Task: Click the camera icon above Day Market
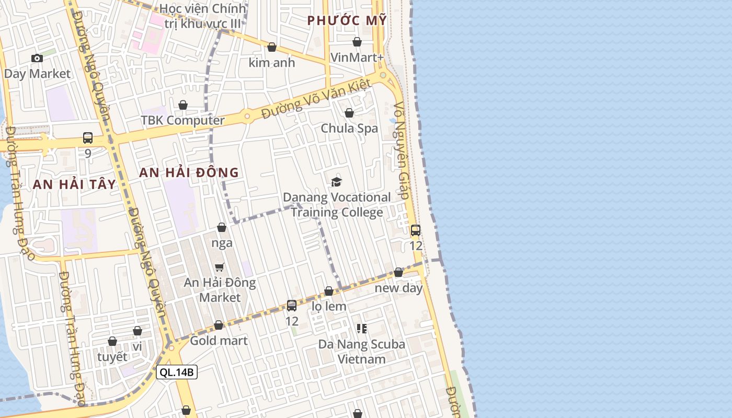(37, 58)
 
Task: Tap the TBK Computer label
(182, 120)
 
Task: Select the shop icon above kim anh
(272, 47)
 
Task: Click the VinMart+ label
(358, 57)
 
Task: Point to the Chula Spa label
(349, 128)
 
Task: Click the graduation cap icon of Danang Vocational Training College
(336, 182)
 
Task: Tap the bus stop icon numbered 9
(88, 138)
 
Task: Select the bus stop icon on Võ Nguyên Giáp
(416, 230)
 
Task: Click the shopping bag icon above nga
(222, 227)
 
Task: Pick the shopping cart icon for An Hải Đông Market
(220, 267)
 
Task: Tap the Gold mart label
(219, 341)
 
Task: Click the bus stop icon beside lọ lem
(292, 306)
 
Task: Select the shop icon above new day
(398, 272)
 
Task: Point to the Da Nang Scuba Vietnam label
(362, 352)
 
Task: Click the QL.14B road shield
(177, 372)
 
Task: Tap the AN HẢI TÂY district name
(74, 184)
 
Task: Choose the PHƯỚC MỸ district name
(347, 20)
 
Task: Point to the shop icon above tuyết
(112, 341)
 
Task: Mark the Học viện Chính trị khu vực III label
(203, 16)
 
